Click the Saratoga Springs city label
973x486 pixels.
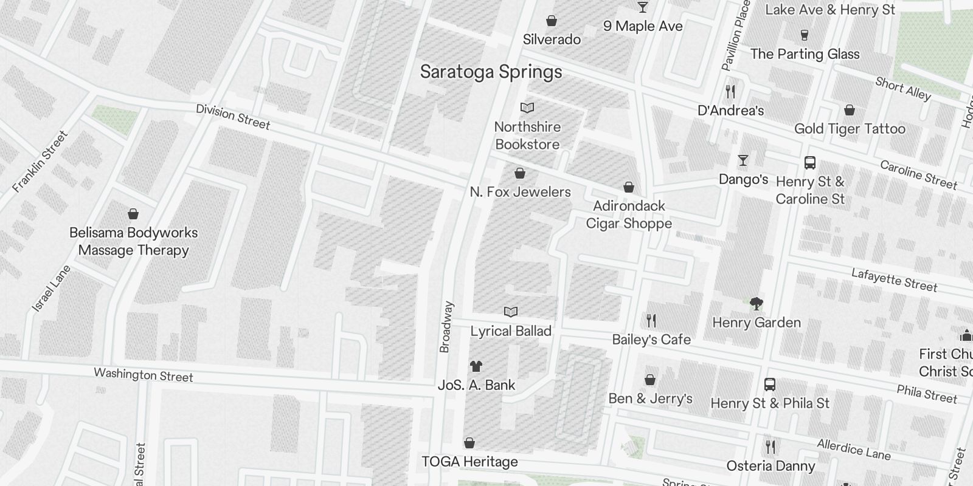[x=491, y=72]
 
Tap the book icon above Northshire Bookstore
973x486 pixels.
[x=527, y=108]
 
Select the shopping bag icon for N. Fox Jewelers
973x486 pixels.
[x=520, y=174]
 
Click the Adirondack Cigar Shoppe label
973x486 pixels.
[x=629, y=214]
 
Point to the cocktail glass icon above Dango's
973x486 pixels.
[x=743, y=161]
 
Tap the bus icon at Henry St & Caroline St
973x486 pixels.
[x=810, y=163]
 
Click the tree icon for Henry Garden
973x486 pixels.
[x=756, y=303]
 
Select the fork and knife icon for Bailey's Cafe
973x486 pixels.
[x=651, y=320]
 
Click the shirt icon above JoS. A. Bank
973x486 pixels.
[x=476, y=366]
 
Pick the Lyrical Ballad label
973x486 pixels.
[x=511, y=331]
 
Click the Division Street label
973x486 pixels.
[x=233, y=117]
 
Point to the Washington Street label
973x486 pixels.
[x=144, y=375]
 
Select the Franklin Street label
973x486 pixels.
[x=40, y=162]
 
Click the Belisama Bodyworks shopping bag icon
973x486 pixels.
[x=133, y=214]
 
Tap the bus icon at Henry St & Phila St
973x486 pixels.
[x=769, y=385]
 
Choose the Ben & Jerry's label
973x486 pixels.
[x=650, y=399]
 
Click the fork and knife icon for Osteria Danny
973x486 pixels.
[x=770, y=447]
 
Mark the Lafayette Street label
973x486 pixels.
[x=894, y=280]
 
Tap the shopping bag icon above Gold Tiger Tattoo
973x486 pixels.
[x=850, y=110]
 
